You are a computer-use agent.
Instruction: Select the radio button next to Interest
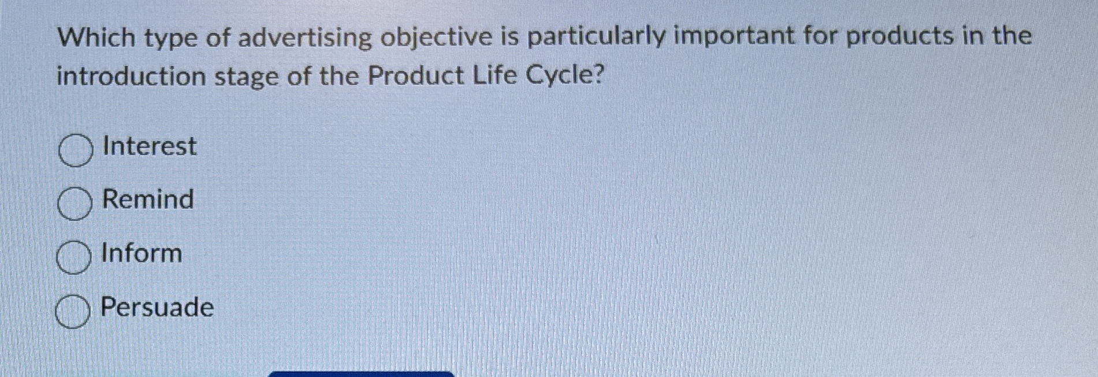[x=75, y=150]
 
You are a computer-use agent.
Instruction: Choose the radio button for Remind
[x=75, y=204]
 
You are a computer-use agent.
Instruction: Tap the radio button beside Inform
[x=73, y=258]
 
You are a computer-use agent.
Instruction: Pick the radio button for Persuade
[x=72, y=312]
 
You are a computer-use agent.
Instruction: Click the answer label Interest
[x=149, y=146]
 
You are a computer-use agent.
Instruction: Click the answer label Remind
[x=147, y=199]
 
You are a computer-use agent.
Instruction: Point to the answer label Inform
[x=142, y=253]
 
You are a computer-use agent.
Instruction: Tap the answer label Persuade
[x=157, y=307]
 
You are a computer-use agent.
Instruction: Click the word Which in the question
[x=96, y=38]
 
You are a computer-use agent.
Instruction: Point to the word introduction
[x=131, y=76]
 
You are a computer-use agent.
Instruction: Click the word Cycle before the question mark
[x=559, y=76]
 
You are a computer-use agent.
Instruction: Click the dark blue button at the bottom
[x=362, y=374]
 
